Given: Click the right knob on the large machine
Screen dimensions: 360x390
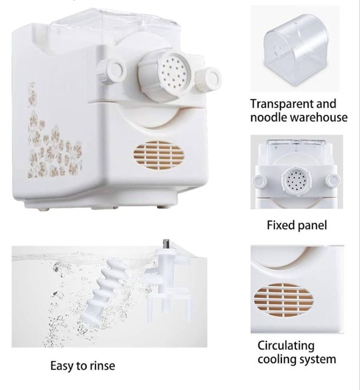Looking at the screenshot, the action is coord(208,79).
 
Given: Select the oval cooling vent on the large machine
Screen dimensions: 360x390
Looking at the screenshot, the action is coord(159,155).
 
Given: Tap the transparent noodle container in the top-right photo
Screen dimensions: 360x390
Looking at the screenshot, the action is coord(296,49).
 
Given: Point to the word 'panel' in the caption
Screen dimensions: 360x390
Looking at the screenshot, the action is coord(312,226).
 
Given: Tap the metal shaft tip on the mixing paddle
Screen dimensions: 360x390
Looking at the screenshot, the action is coord(166,244).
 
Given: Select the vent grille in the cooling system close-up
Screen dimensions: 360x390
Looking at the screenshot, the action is coord(284,300).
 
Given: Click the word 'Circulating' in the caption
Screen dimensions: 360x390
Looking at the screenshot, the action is coord(286,346).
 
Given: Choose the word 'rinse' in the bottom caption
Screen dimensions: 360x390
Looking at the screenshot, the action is coord(103,366).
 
